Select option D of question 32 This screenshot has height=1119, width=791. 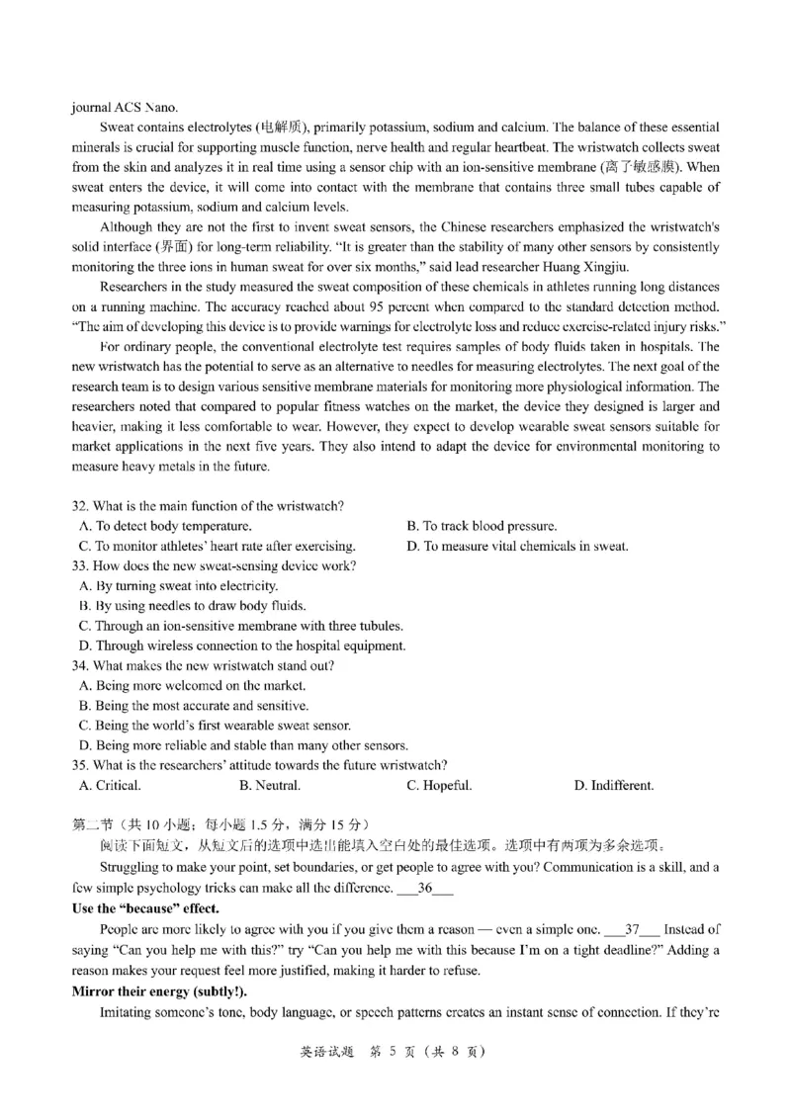[517, 546]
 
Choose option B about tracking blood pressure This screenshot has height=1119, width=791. [482, 526]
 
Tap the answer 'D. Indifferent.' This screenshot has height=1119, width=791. [613, 786]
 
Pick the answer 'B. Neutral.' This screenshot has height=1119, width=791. [269, 786]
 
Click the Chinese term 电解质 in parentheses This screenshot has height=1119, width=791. [282, 129]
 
